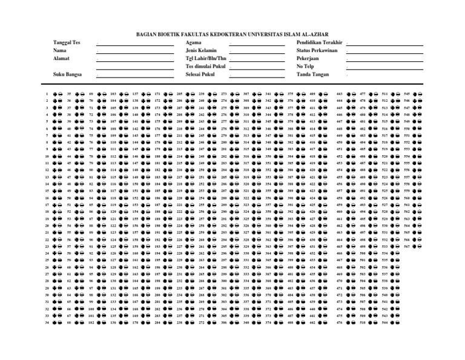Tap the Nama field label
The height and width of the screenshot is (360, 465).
(x=60, y=51)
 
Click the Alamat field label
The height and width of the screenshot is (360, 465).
(x=61, y=58)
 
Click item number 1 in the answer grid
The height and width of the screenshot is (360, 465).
(x=47, y=95)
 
